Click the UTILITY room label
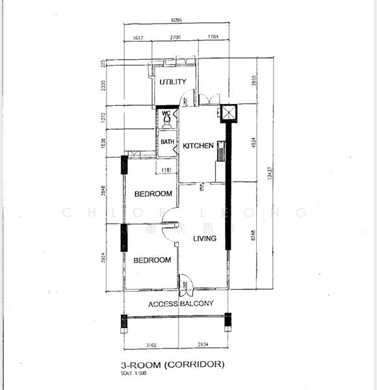click(x=173, y=82)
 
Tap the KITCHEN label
click(x=198, y=146)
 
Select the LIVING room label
click(x=204, y=239)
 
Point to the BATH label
click(x=168, y=142)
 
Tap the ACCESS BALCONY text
click(x=181, y=304)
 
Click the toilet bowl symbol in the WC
click(x=167, y=121)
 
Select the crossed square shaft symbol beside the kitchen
click(x=229, y=113)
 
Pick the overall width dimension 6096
click(x=177, y=21)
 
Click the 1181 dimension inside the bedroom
click(x=166, y=171)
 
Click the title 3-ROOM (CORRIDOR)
click(x=173, y=364)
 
